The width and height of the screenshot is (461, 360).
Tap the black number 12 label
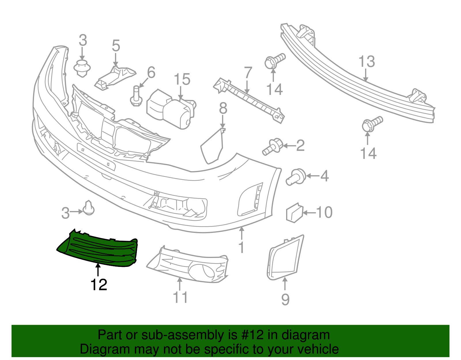99,284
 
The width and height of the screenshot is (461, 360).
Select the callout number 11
180,297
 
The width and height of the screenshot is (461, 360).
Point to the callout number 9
285,299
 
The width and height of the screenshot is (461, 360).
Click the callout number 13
366,61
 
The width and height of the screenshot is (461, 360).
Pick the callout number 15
182,79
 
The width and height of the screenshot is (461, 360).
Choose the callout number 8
223,108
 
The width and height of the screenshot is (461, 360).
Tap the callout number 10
324,212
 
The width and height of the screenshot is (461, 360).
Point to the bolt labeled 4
296,177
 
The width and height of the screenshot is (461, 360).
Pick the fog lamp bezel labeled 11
187,265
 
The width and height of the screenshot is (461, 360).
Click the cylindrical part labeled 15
171,109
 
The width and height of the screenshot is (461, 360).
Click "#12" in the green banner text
252,335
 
